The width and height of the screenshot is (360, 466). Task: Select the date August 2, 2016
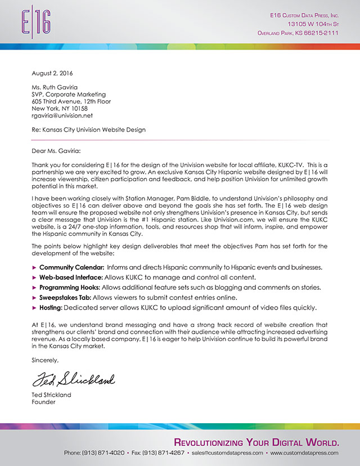point(52,73)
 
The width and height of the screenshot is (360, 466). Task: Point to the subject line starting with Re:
point(88,129)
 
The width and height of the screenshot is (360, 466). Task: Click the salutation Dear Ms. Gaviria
point(56,150)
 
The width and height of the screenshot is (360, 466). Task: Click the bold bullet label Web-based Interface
point(70,276)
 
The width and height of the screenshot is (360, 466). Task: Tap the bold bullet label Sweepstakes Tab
point(65,297)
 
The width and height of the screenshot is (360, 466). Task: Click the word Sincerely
point(45,360)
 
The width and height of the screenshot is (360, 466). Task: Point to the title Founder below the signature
point(43,402)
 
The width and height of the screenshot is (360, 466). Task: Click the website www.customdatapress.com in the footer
point(304,452)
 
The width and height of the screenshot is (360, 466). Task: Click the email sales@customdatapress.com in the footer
point(227,452)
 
